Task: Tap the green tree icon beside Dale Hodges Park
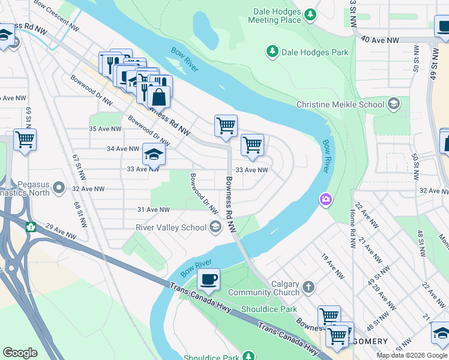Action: click(x=273, y=52)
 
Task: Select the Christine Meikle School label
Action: click(x=340, y=105)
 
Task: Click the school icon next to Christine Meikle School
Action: click(x=393, y=105)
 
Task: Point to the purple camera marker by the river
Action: click(x=325, y=199)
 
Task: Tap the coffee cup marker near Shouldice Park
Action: click(x=208, y=279)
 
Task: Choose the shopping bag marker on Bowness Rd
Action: click(x=159, y=96)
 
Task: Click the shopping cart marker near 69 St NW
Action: click(x=25, y=140)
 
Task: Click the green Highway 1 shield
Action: click(x=31, y=227)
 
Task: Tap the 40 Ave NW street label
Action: click(x=380, y=40)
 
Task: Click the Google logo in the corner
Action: click(x=20, y=353)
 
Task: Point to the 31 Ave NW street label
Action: click(x=154, y=209)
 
